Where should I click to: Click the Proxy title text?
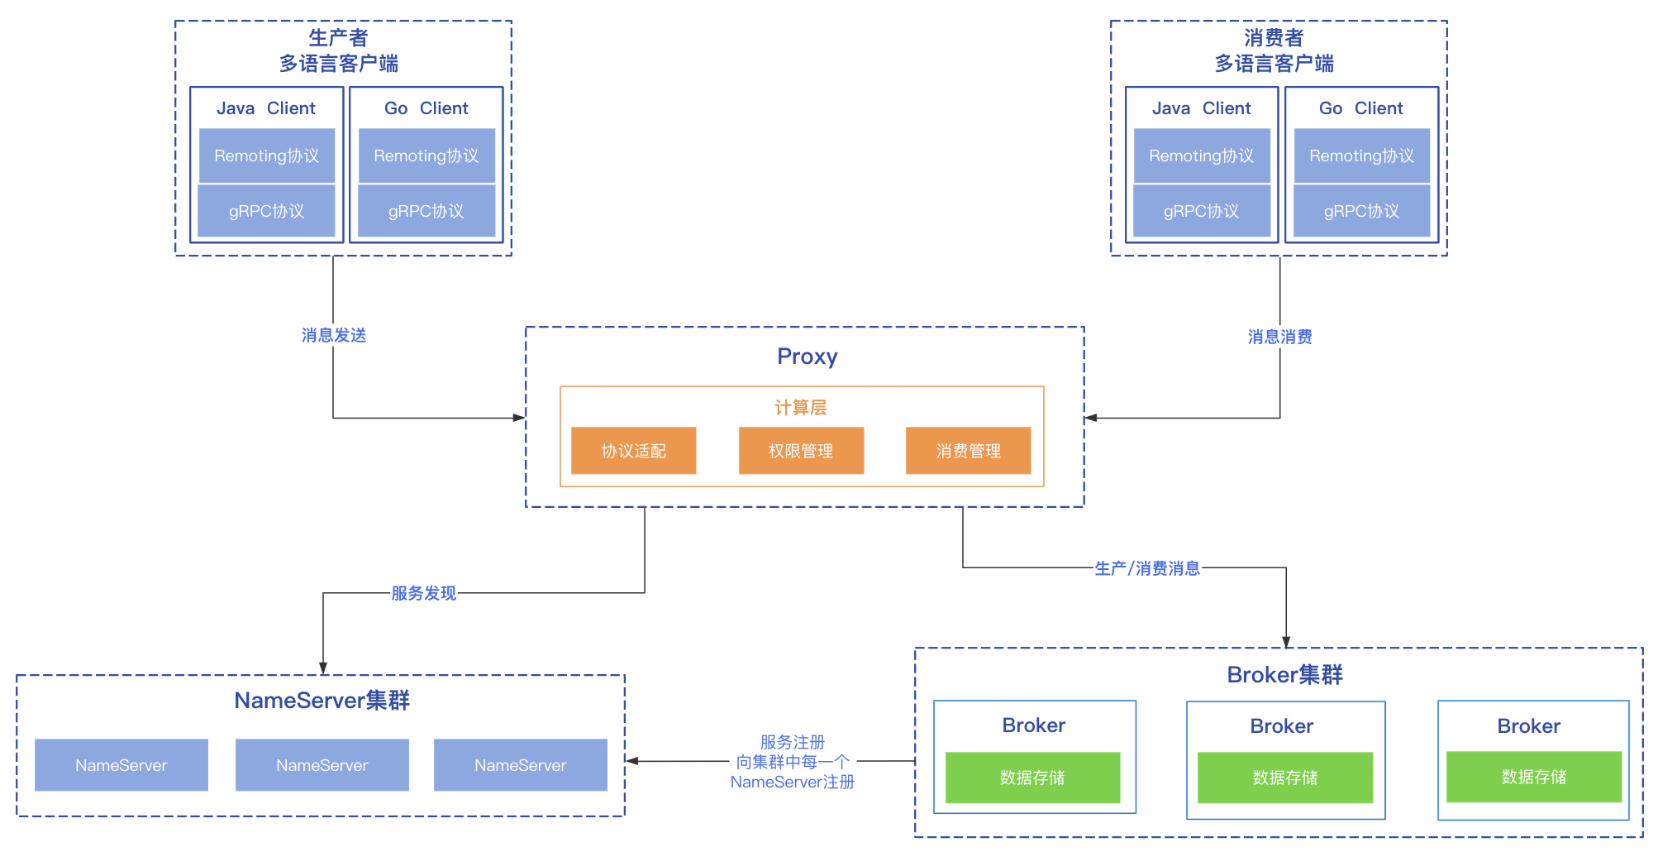coord(807,357)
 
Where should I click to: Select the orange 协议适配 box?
coord(633,451)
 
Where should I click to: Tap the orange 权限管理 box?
coord(801,451)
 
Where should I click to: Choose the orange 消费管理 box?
coord(968,451)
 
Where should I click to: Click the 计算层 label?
coord(800,407)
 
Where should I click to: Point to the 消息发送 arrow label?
coord(334,335)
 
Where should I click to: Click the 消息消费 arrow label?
coord(1279,337)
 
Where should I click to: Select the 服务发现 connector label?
coord(423,593)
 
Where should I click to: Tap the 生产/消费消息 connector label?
coord(1147,568)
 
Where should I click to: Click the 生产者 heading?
coord(338,38)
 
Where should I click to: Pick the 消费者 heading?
coord(1274,38)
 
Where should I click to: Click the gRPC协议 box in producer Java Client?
coord(266,211)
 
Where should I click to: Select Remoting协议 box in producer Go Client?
coord(426,156)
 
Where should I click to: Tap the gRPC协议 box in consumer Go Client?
coord(1361,211)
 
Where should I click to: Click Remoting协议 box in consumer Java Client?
coord(1201,156)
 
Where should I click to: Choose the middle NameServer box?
coord(322,765)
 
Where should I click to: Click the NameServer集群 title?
coord(322,701)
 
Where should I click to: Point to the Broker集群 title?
coord(1284,675)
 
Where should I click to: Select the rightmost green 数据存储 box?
coord(1533,777)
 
